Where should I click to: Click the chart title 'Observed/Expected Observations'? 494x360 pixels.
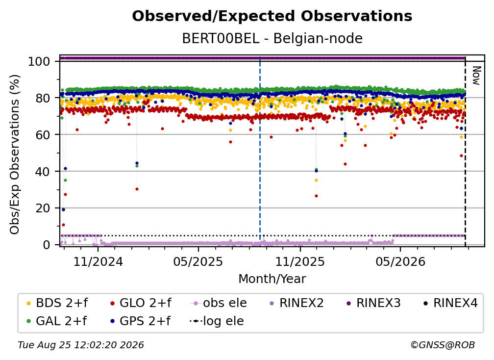tap(272, 16)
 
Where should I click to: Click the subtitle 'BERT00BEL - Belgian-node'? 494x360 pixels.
tap(272, 38)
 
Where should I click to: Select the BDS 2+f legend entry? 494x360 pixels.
tap(57, 303)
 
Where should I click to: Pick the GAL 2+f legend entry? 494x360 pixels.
tap(56, 321)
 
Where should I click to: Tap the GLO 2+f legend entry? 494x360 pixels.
tap(141, 303)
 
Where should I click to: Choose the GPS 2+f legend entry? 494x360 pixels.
tap(140, 321)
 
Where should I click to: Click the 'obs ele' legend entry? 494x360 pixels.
tap(219, 303)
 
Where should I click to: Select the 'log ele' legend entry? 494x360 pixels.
tap(217, 321)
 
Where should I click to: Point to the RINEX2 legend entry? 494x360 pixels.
tap(297, 303)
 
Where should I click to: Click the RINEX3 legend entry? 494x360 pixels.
tap(373, 303)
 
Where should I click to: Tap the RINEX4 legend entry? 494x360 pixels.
tap(450, 303)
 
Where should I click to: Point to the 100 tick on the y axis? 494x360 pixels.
tap(39, 61)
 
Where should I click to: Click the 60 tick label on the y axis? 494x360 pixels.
tap(43, 134)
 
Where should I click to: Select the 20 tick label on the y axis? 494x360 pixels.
tap(43, 208)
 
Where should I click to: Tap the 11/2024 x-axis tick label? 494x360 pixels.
tap(98, 261)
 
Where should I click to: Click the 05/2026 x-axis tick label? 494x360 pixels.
tap(400, 261)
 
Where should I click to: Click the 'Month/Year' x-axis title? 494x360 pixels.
tap(272, 279)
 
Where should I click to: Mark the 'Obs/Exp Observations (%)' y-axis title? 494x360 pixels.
tap(15, 154)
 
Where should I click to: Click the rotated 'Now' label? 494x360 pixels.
tap(476, 76)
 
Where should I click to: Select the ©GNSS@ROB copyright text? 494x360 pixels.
tap(443, 345)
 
